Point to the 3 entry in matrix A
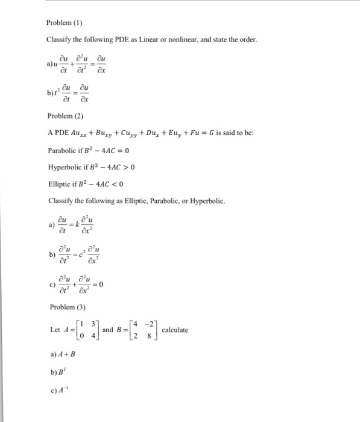click(93, 325)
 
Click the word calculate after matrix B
click(175, 330)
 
